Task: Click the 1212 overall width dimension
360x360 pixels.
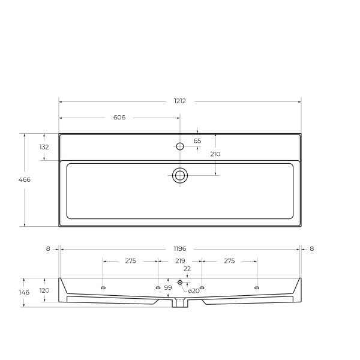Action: tap(180, 101)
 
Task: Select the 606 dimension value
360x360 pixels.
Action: tap(119, 118)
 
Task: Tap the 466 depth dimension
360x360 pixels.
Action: tap(24, 179)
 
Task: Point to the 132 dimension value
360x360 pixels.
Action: tap(44, 147)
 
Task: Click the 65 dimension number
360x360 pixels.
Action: tap(197, 141)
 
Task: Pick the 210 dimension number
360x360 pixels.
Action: tap(215, 154)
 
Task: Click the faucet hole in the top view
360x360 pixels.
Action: tap(179, 146)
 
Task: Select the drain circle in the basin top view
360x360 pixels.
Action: tap(180, 175)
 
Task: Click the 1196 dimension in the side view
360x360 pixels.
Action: tap(180, 248)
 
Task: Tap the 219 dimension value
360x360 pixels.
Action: tap(180, 261)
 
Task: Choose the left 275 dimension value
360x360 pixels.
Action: tap(131, 261)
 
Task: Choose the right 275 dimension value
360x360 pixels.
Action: tap(229, 261)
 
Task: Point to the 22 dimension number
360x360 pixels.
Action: tap(187, 269)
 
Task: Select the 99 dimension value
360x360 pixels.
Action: tap(168, 288)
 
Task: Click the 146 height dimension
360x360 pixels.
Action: tap(24, 292)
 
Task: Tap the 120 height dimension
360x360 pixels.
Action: tap(44, 290)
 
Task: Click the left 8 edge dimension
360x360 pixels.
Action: tap(48, 248)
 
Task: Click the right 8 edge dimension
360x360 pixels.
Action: tap(312, 248)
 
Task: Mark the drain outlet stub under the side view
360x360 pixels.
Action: tap(179, 304)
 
